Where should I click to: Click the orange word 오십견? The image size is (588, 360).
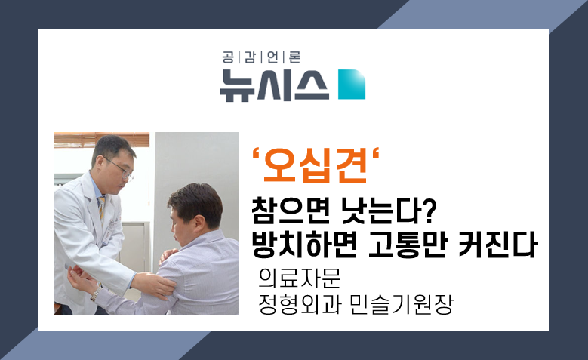[316, 165]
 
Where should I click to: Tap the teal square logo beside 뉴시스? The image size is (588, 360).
[352, 85]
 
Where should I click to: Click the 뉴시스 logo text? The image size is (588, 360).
[275, 85]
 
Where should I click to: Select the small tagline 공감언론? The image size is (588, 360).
[261, 57]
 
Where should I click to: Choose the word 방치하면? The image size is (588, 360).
[303, 245]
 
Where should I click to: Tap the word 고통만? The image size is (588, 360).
[408, 245]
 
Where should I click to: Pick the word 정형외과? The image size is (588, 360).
[300, 304]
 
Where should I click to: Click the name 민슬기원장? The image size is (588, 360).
[402, 304]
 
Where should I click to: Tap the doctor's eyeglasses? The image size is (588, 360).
[120, 170]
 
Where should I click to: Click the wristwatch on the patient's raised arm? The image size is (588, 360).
[96, 294]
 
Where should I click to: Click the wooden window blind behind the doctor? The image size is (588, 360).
[102, 140]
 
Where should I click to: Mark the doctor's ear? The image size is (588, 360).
[100, 162]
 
